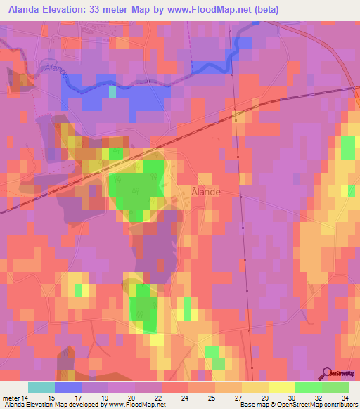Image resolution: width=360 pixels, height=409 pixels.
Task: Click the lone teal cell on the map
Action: (112, 92)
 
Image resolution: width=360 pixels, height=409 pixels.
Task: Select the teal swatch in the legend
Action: (41, 387)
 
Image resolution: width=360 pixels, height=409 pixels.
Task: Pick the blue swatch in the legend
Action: (68, 387)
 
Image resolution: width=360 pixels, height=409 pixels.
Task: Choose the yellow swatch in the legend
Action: (281, 387)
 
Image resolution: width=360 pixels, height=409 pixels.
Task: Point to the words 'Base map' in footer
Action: (252, 405)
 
